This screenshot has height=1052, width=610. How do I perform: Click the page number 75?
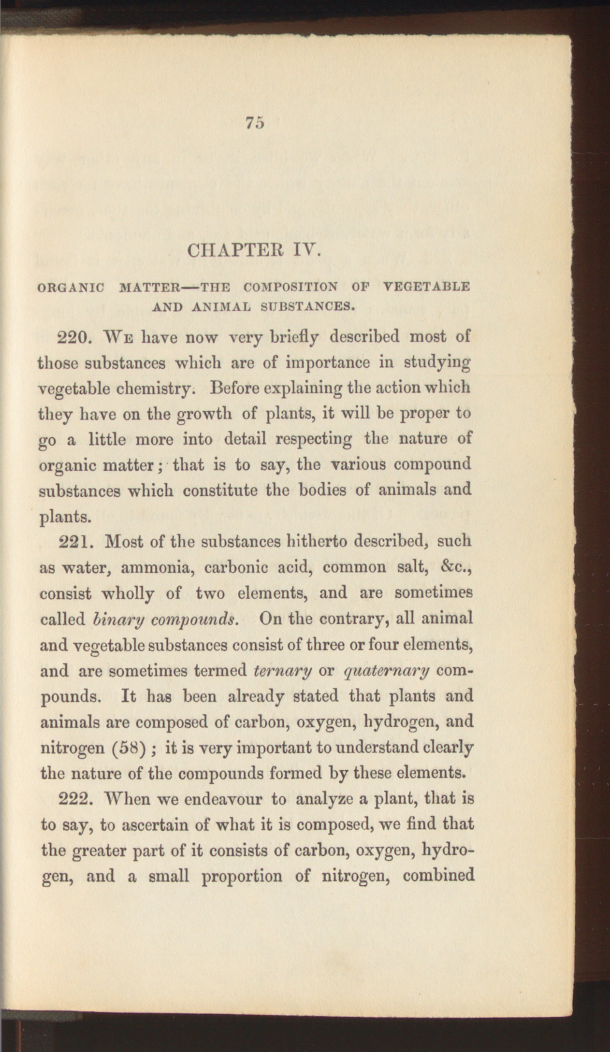coord(255,123)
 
